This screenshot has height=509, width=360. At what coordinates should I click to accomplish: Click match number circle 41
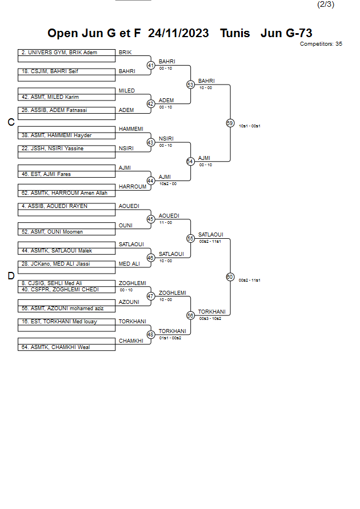[x=151, y=65]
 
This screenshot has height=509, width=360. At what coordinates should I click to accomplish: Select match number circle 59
[x=230, y=123]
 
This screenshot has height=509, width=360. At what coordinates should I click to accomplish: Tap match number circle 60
[x=230, y=277]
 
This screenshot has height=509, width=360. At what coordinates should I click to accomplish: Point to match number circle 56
[x=191, y=315]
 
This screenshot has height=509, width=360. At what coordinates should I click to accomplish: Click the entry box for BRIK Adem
[x=67, y=53]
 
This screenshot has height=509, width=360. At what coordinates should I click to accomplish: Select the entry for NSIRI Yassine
[x=67, y=149]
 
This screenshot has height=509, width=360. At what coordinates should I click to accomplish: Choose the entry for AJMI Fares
[x=67, y=174]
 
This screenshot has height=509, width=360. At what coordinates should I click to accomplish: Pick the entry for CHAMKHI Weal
[x=67, y=347]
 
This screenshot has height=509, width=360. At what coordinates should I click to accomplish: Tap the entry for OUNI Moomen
[x=67, y=232]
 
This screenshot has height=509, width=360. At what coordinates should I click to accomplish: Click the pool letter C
[x=10, y=122]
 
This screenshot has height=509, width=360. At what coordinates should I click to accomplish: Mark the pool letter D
[x=10, y=276]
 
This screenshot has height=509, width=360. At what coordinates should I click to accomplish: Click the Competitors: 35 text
[x=321, y=43]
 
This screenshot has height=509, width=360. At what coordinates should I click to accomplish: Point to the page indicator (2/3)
[x=325, y=5]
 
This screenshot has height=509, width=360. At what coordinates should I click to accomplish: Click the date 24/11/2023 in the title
[x=178, y=33]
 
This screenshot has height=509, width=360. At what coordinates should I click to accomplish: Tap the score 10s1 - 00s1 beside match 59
[x=250, y=126]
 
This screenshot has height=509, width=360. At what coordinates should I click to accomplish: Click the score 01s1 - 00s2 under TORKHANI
[x=170, y=338]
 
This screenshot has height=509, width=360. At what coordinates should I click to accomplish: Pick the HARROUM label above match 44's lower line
[x=132, y=187]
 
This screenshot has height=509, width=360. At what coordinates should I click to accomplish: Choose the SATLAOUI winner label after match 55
[x=210, y=234]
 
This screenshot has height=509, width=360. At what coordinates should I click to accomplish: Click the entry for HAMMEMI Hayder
[x=67, y=135]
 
